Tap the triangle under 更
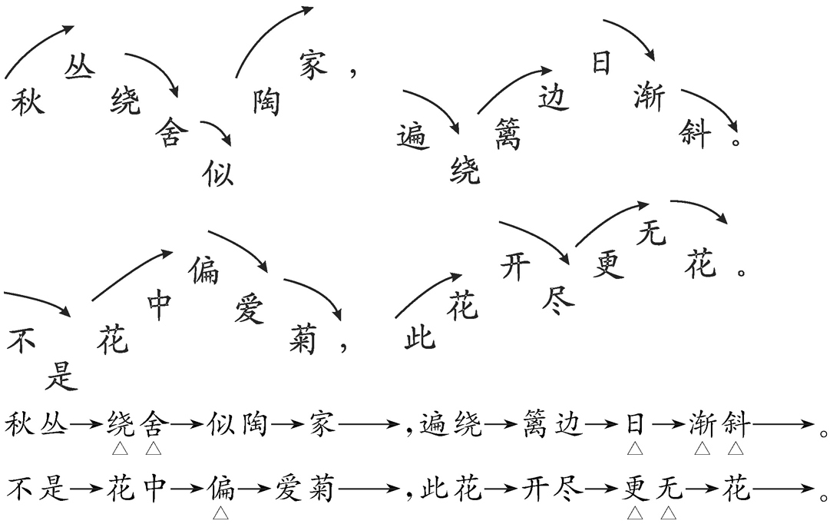(x=634, y=511)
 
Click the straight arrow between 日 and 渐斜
(x=666, y=425)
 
